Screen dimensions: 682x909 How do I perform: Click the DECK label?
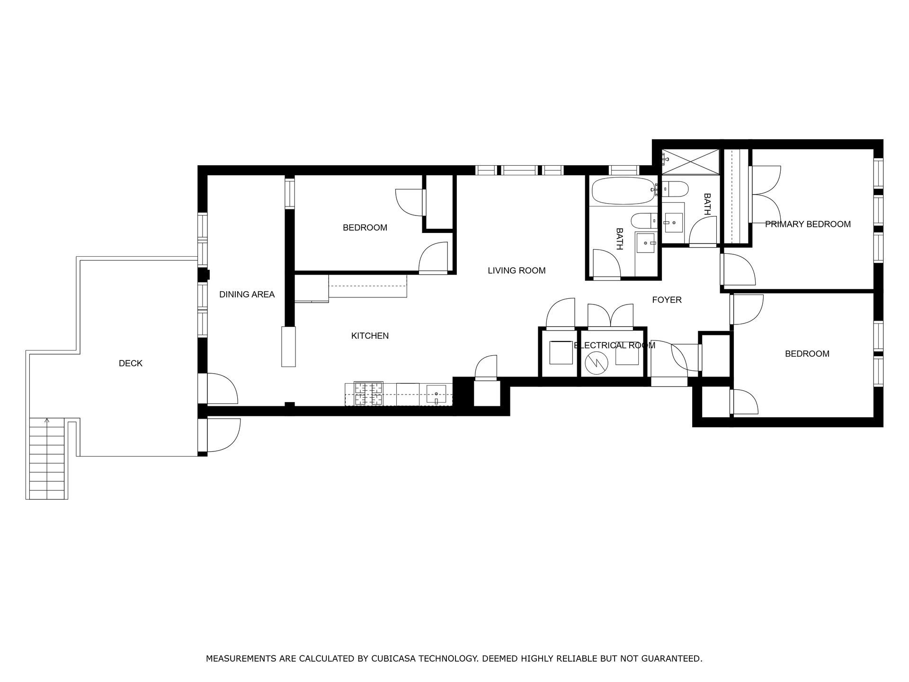click(130, 363)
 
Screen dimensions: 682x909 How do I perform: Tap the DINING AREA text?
click(247, 295)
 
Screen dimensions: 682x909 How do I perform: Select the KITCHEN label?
click(370, 336)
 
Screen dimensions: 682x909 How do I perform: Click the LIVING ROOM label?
click(517, 270)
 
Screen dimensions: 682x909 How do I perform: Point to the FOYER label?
click(667, 300)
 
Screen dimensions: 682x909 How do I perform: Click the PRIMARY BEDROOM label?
click(808, 224)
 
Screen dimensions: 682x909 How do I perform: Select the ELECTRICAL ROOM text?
click(614, 345)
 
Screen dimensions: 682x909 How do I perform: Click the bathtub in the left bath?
click(624, 191)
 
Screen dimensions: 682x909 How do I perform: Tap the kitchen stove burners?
click(369, 393)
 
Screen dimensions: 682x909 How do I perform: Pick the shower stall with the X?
click(690, 162)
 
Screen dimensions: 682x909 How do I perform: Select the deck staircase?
click(47, 458)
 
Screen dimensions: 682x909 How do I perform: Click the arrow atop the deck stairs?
click(47, 420)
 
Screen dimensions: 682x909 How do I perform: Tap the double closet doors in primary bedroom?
click(765, 194)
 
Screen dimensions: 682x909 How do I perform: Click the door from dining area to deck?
click(221, 388)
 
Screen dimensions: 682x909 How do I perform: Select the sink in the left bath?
click(645, 244)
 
